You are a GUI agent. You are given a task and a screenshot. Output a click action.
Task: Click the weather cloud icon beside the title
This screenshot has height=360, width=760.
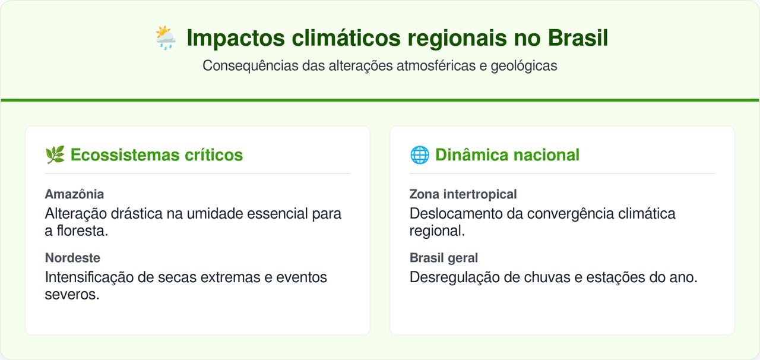click(x=165, y=38)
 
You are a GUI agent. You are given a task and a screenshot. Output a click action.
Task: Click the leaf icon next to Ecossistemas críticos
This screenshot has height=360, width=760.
click(x=55, y=155)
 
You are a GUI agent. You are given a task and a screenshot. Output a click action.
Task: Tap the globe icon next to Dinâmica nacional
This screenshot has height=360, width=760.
click(x=419, y=155)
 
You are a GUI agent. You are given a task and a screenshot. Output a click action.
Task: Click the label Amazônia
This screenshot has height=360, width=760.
click(x=74, y=194)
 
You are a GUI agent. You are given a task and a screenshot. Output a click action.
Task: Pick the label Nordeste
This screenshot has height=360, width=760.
click(x=72, y=258)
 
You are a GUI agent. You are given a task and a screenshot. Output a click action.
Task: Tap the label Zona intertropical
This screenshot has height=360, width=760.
click(x=463, y=194)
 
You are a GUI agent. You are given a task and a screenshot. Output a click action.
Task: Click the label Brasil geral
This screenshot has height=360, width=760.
click(x=444, y=258)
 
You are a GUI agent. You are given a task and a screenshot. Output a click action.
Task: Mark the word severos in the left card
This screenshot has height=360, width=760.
click(x=71, y=295)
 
